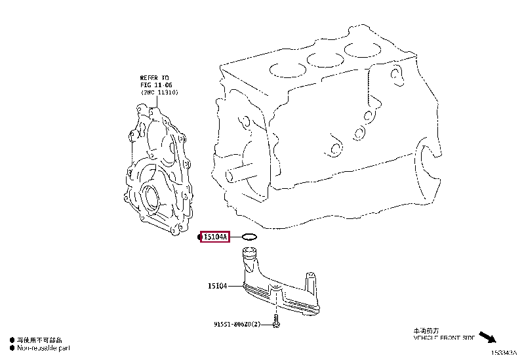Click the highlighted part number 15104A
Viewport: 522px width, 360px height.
215,237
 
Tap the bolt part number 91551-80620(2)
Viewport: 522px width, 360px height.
236,324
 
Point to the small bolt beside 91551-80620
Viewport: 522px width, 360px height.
277,323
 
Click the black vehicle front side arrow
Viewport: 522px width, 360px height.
486,338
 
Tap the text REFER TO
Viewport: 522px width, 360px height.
154,77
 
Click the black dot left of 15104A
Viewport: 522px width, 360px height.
201,237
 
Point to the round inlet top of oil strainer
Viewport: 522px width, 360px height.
250,251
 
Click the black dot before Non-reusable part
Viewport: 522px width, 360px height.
12,348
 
